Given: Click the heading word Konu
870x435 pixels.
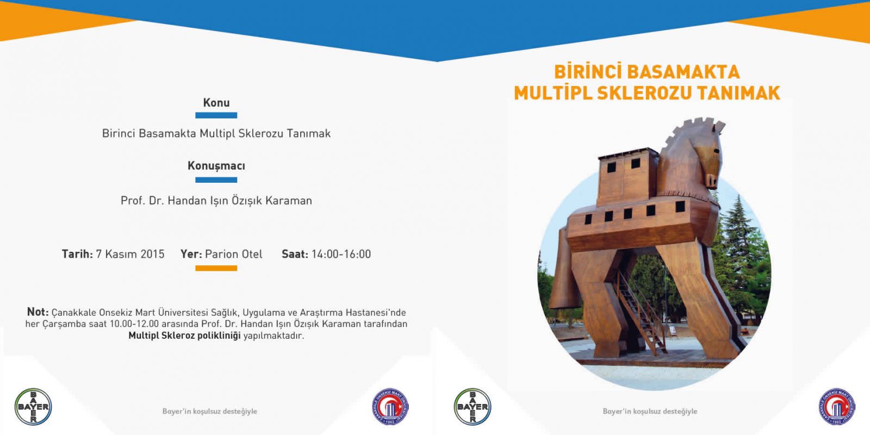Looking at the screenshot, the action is (216, 103).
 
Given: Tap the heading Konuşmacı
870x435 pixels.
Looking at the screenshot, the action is (216, 166).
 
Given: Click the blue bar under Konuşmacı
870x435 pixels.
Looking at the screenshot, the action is (216, 180).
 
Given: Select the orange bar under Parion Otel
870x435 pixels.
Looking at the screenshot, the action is (216, 268).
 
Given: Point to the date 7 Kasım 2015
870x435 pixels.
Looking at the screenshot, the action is (130, 254).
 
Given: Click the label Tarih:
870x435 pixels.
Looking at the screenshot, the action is (77, 254).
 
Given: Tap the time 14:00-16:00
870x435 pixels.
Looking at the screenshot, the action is (341, 254).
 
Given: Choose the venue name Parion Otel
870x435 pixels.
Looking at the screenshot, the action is (234, 254).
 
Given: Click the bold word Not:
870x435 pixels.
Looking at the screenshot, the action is (38, 312).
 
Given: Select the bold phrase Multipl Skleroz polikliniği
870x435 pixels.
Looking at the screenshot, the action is (184, 335).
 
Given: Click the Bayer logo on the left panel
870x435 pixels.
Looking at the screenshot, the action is (33, 407).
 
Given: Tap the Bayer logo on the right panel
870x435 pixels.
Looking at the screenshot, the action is (473, 407).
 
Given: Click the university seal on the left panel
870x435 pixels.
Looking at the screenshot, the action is (390, 407).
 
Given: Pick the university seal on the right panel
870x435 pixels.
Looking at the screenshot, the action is (837, 407).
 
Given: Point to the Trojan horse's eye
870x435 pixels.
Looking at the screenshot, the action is (717, 151).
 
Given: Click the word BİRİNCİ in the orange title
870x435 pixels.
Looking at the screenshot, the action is (587, 72).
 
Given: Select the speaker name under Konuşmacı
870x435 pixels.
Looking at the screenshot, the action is (216, 201).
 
